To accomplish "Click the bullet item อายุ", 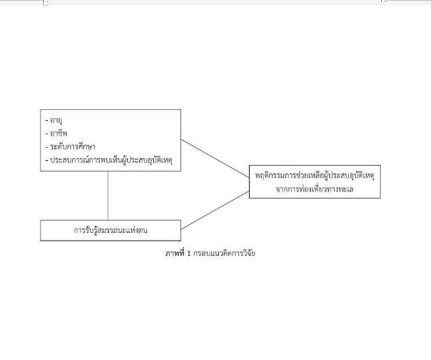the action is pos(56,120).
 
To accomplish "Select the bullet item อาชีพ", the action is pos(58,133).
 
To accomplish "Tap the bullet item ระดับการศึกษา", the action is pos(73,147).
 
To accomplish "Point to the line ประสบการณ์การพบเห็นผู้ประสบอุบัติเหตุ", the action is pos(112,160).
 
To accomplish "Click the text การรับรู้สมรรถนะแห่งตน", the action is pos(110,230).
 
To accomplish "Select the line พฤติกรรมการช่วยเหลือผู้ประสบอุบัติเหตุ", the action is pos(315,175).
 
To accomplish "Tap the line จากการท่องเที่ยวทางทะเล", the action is pos(315,189).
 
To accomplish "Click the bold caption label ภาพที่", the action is pos(175,253).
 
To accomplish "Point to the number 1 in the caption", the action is pos(189,253).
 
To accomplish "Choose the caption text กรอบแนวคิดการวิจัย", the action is pos(224,253).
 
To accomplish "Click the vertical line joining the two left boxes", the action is pos(108,195).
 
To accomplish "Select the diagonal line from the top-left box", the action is pos(215,159).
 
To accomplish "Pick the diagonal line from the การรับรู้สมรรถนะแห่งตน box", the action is pos(215,210).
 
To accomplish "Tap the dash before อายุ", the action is pos(47,120).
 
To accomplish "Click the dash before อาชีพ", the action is pos(47,134).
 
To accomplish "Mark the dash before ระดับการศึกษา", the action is pos(47,147).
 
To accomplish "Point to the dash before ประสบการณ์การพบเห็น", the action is pos(47,160).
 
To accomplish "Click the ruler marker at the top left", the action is pos(45,3).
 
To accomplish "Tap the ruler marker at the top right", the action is pos(384,1).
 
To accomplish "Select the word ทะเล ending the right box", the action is pos(347,189).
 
